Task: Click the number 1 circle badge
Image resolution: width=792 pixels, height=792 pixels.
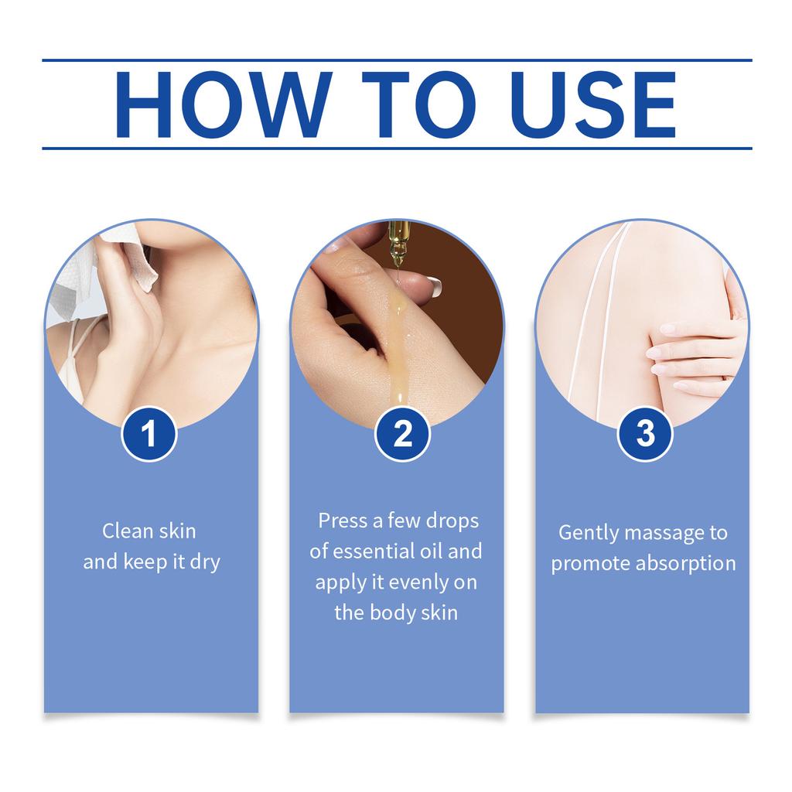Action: [x=149, y=434]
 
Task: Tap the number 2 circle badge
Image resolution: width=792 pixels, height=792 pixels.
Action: [x=402, y=434]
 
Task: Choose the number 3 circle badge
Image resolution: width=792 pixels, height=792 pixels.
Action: [x=644, y=434]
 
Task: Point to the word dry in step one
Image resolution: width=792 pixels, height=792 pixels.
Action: [x=203, y=562]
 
